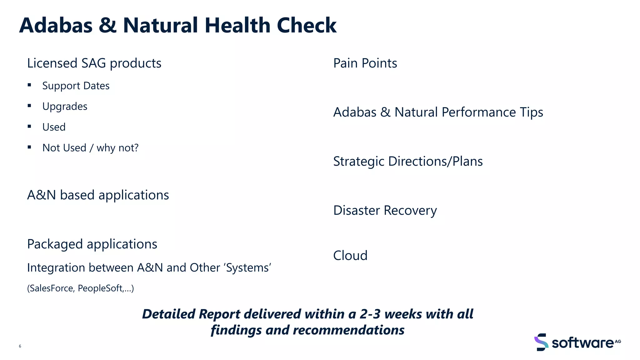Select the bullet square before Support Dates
click(29, 85)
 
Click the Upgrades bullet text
click(65, 107)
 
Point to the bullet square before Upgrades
click(29, 106)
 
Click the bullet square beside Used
click(29, 126)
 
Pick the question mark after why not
click(136, 147)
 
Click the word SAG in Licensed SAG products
click(93, 63)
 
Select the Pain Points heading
click(365, 63)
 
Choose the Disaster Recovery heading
click(385, 210)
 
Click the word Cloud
click(350, 256)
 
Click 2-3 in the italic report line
click(370, 314)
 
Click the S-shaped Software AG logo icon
click(541, 342)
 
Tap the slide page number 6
click(20, 346)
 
